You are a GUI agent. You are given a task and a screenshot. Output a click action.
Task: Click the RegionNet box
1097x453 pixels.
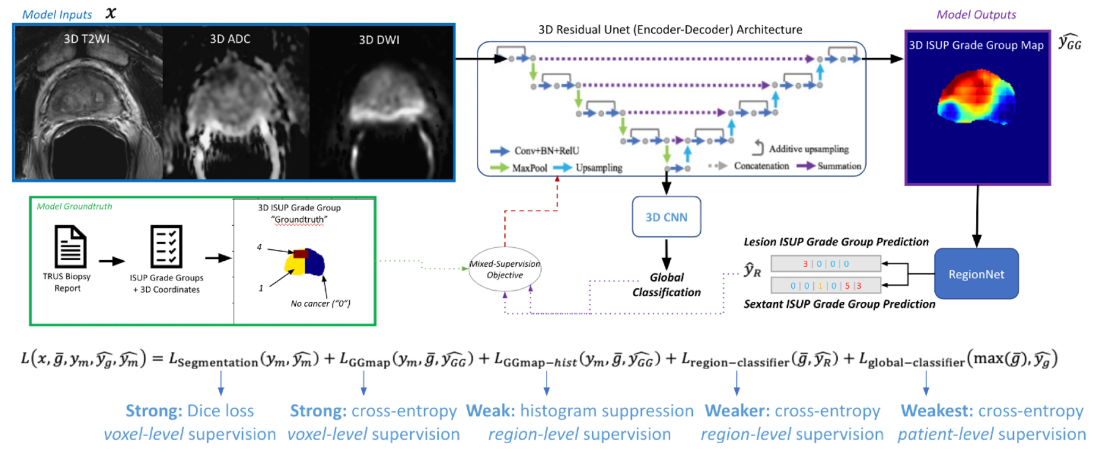click(x=976, y=274)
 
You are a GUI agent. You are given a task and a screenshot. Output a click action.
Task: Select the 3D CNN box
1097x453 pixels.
click(x=667, y=217)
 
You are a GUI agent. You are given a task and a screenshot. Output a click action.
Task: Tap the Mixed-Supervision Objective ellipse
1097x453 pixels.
click(x=504, y=269)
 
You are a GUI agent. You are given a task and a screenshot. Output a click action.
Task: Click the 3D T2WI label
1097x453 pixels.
click(x=86, y=39)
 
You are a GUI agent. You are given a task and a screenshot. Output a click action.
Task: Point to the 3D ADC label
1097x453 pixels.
click(x=230, y=39)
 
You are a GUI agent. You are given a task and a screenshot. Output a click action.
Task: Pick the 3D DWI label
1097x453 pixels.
click(x=379, y=40)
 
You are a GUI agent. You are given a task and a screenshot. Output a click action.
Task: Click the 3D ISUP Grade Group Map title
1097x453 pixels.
click(x=976, y=45)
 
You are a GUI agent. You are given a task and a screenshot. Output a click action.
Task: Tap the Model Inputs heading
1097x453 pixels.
click(x=57, y=14)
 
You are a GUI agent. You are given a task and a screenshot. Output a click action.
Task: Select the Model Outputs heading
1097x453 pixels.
click(x=976, y=14)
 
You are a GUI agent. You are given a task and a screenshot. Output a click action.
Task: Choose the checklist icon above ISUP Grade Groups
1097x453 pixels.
click(x=166, y=245)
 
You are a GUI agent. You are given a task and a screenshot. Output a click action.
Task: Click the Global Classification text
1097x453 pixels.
click(x=667, y=285)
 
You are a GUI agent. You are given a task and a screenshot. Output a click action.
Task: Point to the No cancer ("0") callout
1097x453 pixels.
click(x=320, y=303)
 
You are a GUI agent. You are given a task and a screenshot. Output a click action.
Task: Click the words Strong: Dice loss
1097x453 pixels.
click(x=190, y=411)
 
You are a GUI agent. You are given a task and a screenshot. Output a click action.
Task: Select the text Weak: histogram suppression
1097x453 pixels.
click(x=579, y=411)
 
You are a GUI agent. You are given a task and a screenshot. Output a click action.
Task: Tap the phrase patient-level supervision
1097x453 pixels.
click(x=991, y=435)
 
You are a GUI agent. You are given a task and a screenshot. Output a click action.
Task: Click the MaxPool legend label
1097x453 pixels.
click(x=530, y=167)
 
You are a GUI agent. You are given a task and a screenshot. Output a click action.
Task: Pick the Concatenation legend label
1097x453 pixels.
click(x=761, y=166)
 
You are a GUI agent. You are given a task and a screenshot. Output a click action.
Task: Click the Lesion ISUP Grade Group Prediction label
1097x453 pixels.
click(x=836, y=242)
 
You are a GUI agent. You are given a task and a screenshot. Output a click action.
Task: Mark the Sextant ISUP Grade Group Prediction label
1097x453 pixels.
click(x=839, y=304)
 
